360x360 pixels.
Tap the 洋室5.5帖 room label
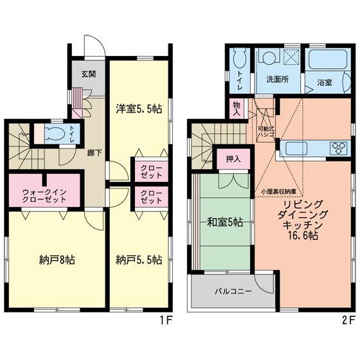(x=138, y=109)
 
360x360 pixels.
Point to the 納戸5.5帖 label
(x=138, y=260)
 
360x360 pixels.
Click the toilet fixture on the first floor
(x=53, y=134)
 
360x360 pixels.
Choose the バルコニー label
(x=233, y=291)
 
